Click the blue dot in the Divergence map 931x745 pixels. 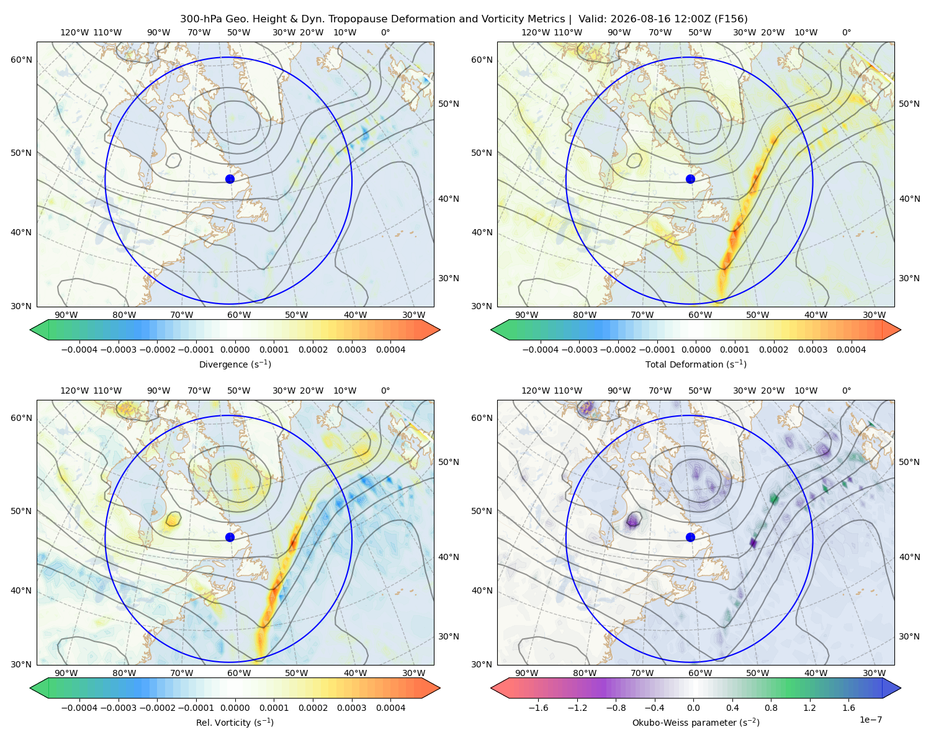pos(230,179)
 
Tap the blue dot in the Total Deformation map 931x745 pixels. pos(690,179)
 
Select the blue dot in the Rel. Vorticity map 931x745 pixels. pos(230,537)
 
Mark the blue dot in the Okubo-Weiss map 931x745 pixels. pos(690,537)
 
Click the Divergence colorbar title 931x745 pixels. pos(235,364)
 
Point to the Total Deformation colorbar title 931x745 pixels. pos(696,364)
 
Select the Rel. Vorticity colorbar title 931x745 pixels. pos(235,722)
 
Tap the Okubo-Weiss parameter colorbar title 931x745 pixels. pos(696,722)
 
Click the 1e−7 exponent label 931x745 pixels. pos(870,720)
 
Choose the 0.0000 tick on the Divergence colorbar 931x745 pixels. pos(235,350)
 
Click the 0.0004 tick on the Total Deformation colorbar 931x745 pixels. pos(851,350)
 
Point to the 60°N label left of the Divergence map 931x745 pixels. pos(21,60)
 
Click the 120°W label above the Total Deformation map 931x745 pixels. pos(535,32)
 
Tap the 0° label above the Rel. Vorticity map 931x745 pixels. pos(385,390)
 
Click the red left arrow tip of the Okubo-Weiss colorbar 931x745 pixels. pos(492,688)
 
